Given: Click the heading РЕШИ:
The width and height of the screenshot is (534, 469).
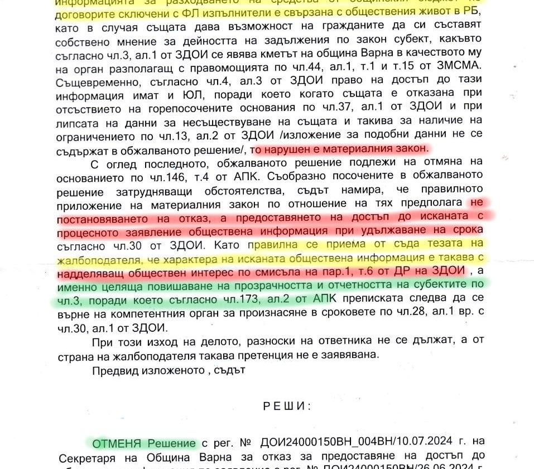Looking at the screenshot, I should point(286,405).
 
